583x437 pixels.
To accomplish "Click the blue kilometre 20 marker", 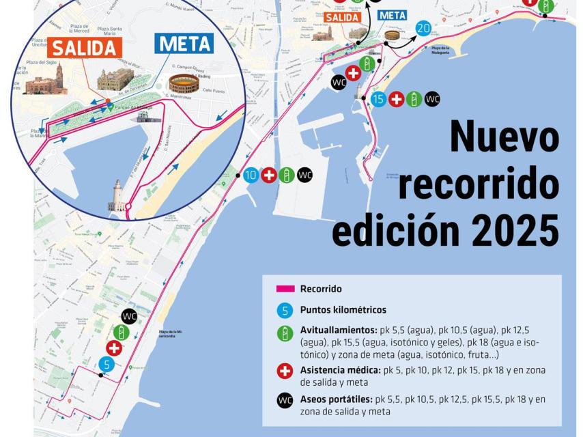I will tap(423, 29).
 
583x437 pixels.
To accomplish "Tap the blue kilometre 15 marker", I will tap(379, 99).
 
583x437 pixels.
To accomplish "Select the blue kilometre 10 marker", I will tap(251, 175).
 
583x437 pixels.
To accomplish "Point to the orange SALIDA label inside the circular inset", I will tap(85, 47).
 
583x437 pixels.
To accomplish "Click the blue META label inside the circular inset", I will tap(184, 44).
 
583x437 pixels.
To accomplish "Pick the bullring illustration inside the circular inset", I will tap(184, 84).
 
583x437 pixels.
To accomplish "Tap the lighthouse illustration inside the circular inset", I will tap(117, 195).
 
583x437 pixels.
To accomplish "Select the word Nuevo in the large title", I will tap(504, 137).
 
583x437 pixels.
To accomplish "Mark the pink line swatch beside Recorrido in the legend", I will tap(285, 289).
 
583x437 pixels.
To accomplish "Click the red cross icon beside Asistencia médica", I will tap(285, 371).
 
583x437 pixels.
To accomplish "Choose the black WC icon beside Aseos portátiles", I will tap(285, 400).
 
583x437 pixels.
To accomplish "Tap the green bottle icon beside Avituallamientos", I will tap(285, 334).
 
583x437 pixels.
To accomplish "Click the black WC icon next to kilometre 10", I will tap(305, 175).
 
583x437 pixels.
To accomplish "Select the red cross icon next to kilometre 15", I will tap(397, 99).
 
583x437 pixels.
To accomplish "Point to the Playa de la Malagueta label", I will tap(440, 50).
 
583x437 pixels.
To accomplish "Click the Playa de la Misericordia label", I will tap(173, 334).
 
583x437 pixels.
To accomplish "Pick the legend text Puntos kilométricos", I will tap(343, 310).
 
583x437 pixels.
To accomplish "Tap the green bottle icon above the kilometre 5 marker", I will tap(122, 333).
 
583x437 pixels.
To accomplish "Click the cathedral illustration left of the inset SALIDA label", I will tap(45, 81).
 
